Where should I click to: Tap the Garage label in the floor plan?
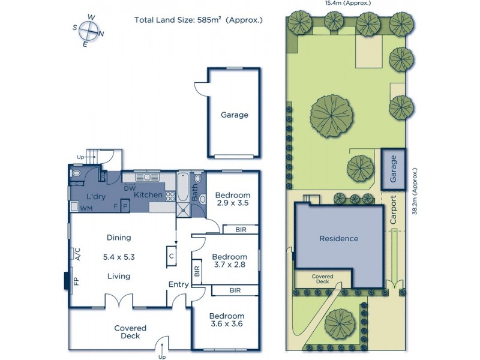coord(234,115)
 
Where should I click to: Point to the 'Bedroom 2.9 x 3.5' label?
coord(233,199)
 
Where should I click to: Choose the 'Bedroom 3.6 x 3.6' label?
coord(226,320)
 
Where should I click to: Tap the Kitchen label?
coord(148,195)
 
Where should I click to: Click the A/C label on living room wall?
coord(77,254)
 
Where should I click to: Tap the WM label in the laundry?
coord(85,208)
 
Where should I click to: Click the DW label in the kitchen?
coord(128,188)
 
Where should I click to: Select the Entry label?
coord(178,284)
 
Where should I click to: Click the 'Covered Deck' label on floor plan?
coord(130,332)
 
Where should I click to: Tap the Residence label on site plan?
coord(338,238)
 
